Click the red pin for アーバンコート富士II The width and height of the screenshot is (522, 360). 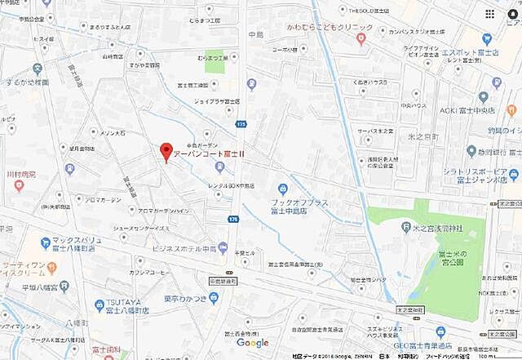point(166,152)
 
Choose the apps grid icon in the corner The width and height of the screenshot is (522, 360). point(489,14)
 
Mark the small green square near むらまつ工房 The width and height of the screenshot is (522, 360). point(214,64)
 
